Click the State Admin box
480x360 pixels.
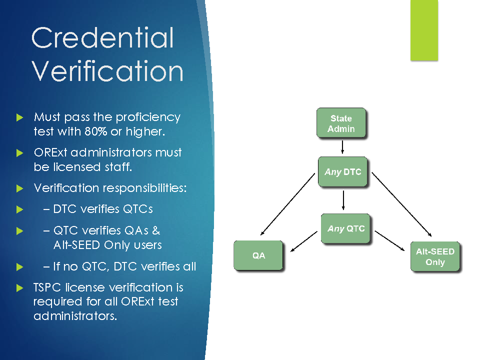(341, 123)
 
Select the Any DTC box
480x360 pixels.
(342, 171)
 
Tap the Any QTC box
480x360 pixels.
(345, 228)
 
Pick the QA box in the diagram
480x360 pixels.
(258, 255)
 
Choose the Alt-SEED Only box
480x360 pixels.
(435, 256)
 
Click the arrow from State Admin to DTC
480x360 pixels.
(342, 147)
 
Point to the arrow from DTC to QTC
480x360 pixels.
(343, 200)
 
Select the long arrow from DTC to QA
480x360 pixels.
(287, 204)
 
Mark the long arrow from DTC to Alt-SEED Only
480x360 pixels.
(401, 204)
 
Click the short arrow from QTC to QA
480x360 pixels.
(303, 241)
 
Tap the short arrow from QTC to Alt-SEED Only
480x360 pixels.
(389, 241)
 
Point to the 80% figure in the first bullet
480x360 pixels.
(96, 131)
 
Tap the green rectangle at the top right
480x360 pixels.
(424, 30)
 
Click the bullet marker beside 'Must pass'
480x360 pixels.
(19, 117)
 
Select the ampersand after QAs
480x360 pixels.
(156, 230)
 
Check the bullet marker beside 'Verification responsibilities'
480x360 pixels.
(19, 188)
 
